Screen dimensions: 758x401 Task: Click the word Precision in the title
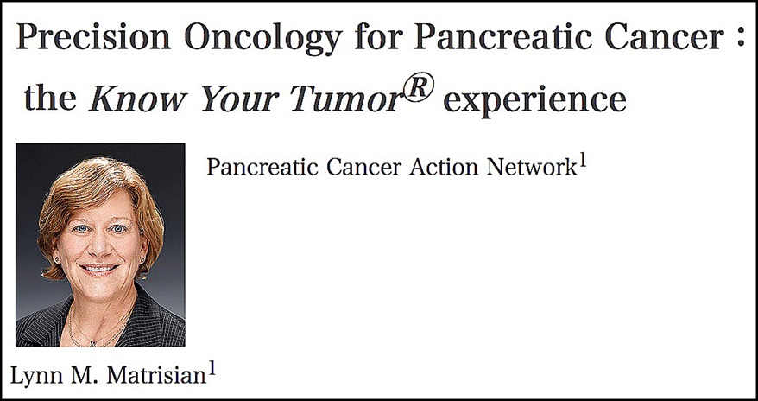point(94,37)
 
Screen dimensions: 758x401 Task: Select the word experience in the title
point(534,100)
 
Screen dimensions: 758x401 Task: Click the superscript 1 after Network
point(583,162)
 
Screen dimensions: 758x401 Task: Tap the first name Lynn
point(37,376)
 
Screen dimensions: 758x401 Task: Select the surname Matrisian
point(156,376)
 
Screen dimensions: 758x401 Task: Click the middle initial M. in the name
point(85,376)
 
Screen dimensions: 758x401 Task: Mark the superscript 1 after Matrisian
point(212,370)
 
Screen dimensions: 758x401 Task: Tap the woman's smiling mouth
point(99,268)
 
